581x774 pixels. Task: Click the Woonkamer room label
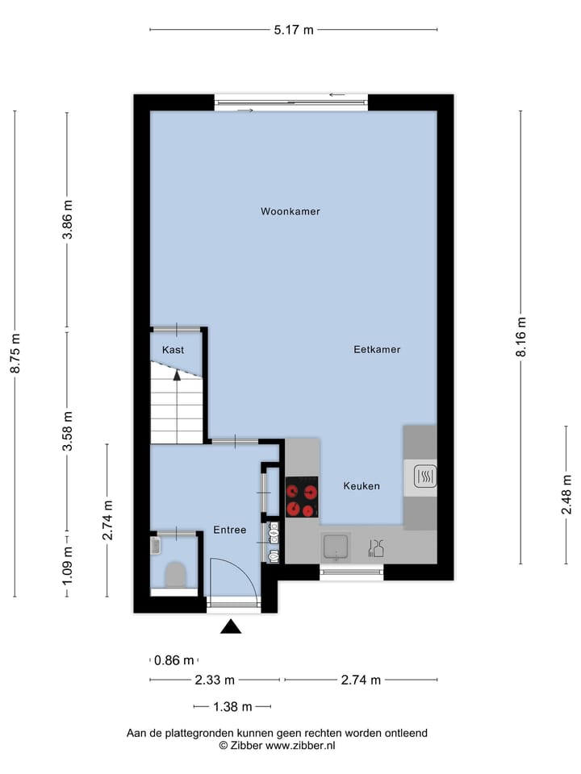point(290,212)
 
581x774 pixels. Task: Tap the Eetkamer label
point(377,350)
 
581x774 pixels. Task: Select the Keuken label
point(362,486)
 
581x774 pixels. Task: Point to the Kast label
point(173,350)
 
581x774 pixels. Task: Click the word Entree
point(229,530)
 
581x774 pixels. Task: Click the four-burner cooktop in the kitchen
point(302,497)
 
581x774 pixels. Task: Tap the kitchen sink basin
point(335,547)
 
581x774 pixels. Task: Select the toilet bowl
point(174,575)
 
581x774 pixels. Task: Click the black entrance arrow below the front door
point(231,626)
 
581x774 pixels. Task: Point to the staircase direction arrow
point(177,376)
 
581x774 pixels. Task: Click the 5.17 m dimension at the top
point(294,31)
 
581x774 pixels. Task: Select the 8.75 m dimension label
point(15,354)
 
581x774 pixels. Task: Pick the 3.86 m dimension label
point(67,220)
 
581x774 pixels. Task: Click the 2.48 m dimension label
point(566,494)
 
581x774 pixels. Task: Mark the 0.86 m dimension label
point(173,660)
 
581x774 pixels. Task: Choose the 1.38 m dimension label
point(232,707)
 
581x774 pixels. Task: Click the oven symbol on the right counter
point(424,477)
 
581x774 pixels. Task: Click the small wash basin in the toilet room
point(157,546)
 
